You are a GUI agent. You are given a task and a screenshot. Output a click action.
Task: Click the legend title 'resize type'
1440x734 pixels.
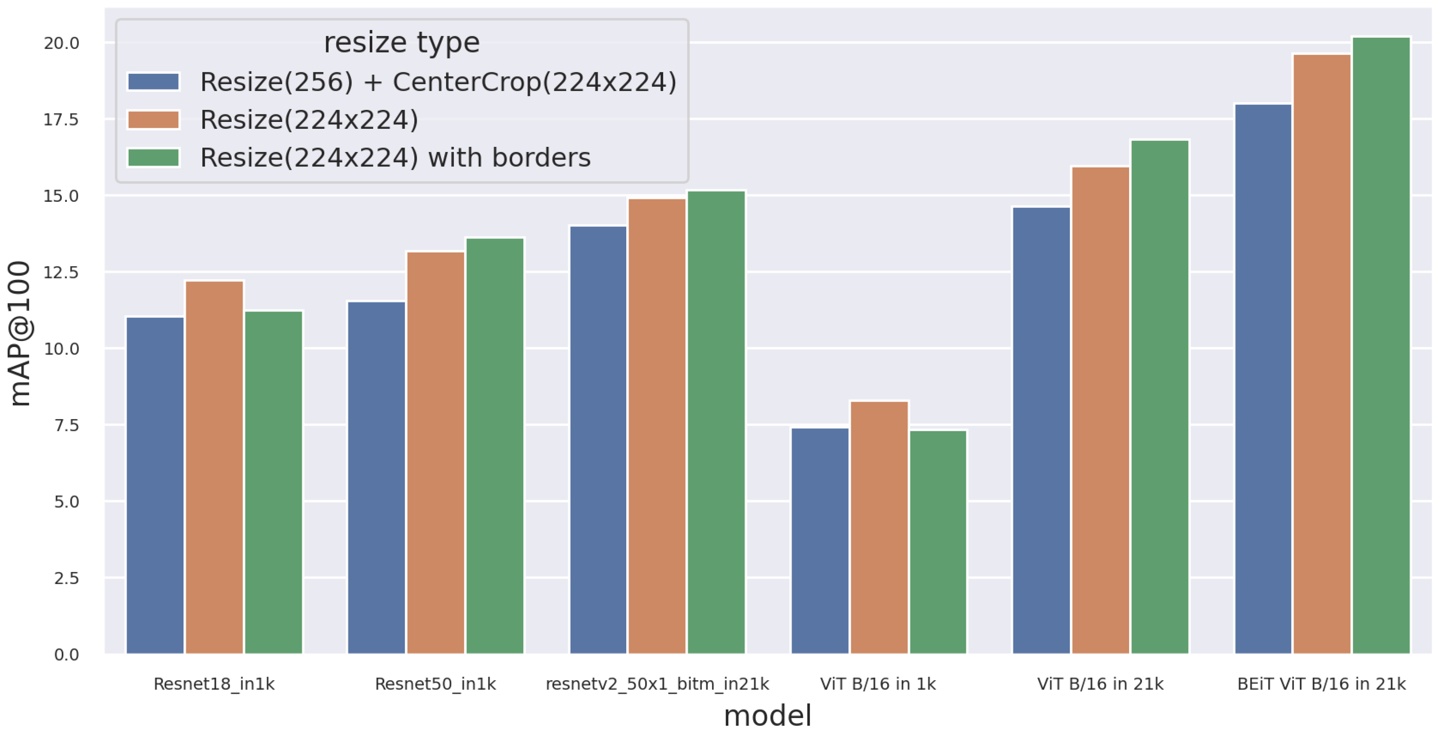point(401,43)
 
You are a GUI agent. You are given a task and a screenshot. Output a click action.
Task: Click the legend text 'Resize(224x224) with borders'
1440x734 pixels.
point(395,157)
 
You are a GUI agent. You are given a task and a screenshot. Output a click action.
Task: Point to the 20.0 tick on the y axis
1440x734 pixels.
point(61,43)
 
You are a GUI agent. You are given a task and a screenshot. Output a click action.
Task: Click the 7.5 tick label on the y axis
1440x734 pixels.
point(66,425)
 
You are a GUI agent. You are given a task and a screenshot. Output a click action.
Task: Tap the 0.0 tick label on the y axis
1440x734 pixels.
point(66,655)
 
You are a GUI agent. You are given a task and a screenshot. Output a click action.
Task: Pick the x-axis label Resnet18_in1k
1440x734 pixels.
point(214,683)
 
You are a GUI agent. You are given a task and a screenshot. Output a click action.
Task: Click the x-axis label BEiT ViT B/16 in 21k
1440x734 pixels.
point(1321,683)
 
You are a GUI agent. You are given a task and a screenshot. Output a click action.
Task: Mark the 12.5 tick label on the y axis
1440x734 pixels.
point(61,272)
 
